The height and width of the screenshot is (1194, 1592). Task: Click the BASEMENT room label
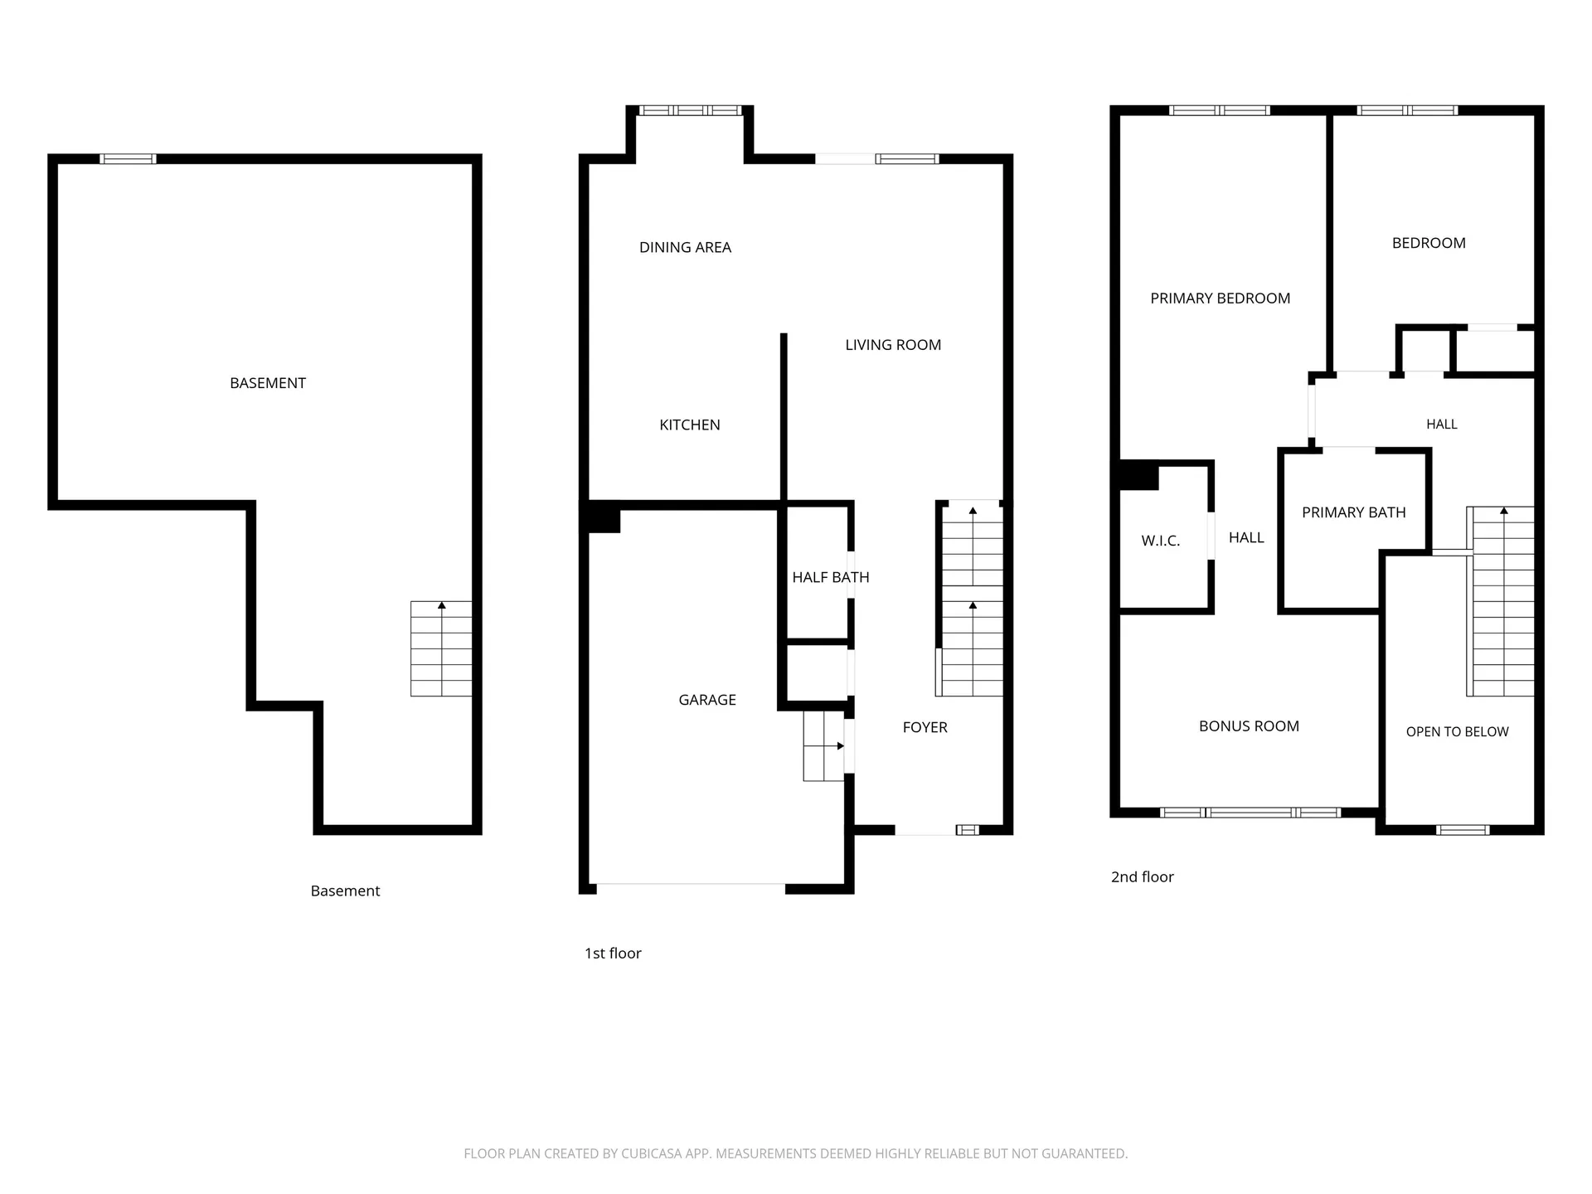point(268,383)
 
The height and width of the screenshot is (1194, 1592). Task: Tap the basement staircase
point(441,648)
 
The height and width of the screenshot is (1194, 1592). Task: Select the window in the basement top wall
point(128,159)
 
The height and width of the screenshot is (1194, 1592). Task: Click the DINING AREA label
point(685,247)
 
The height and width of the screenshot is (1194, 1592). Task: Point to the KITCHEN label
point(690,425)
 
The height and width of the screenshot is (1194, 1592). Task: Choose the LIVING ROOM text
point(893,345)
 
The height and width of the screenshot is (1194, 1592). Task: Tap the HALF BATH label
point(831,577)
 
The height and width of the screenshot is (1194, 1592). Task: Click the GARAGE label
point(707,700)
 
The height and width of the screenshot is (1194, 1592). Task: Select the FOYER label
point(925,727)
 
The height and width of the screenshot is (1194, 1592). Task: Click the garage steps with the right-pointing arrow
point(823,746)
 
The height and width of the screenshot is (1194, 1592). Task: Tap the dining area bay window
point(690,110)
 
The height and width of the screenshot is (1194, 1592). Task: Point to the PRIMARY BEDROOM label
point(1220,298)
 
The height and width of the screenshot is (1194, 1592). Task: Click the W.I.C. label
point(1160,541)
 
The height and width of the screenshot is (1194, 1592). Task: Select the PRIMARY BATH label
point(1353,512)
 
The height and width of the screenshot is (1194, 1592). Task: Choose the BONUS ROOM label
point(1249,726)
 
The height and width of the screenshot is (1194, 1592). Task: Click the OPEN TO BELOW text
point(1457,731)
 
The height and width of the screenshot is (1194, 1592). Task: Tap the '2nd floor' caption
point(1142,877)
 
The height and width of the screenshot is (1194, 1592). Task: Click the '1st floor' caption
point(613,954)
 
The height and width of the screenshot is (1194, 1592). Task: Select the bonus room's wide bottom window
point(1250,813)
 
